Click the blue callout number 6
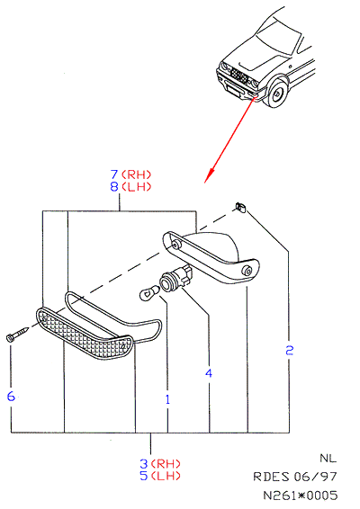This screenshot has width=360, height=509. click(11, 396)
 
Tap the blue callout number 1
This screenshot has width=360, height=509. click(167, 399)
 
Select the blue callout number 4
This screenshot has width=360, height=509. click(209, 373)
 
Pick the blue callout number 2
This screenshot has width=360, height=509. click(290, 350)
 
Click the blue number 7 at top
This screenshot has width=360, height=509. click(114, 174)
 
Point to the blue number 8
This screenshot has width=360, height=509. click(114, 187)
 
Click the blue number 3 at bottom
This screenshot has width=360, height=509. click(144, 463)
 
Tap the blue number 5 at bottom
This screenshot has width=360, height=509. click(144, 476)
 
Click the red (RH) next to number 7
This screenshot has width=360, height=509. click(137, 174)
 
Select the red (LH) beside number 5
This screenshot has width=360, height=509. click(166, 476)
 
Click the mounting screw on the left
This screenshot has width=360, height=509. click(17, 334)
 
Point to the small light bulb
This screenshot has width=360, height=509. click(149, 292)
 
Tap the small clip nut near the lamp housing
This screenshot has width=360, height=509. click(240, 207)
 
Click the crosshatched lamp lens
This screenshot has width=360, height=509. click(84, 334)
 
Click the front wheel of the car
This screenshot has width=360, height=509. click(276, 94)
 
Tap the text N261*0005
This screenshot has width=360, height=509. click(300, 496)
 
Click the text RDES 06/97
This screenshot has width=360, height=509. click(295, 477)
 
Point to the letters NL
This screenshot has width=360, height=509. click(328, 458)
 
